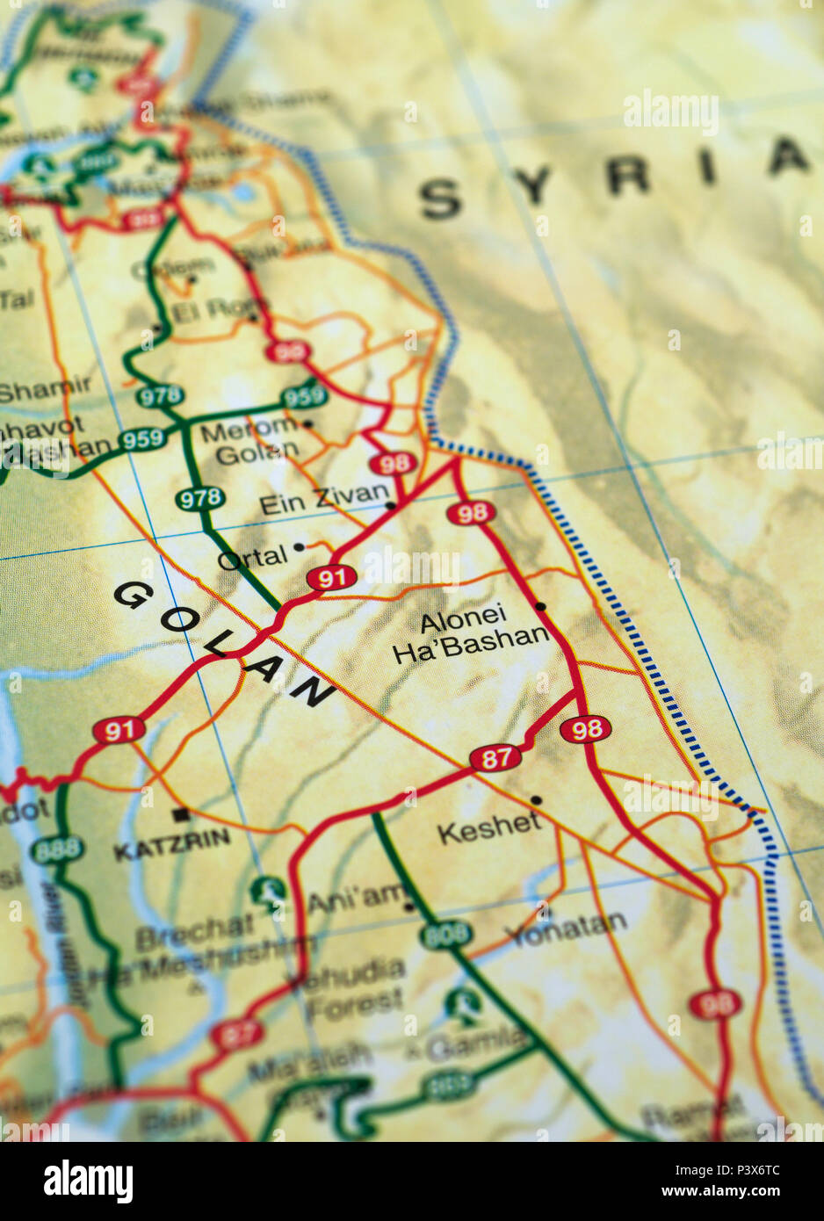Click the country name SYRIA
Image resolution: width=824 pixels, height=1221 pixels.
pos(615,180)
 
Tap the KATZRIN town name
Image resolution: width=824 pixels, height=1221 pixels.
pos(171,846)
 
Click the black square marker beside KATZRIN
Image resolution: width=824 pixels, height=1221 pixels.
pos(182,814)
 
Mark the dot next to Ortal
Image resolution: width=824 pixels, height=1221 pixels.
pos(299,546)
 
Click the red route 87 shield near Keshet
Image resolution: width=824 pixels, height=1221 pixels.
pos(495,758)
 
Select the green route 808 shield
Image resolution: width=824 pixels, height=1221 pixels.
pos(445,936)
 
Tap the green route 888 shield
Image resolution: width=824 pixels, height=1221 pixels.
pos(57,849)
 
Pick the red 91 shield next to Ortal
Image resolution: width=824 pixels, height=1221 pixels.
pos(331,578)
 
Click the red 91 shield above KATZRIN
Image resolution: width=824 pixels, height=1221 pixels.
pos(119,730)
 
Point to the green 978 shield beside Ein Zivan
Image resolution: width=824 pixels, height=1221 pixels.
pos(199,499)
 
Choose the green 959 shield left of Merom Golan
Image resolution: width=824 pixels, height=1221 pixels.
pos(141,439)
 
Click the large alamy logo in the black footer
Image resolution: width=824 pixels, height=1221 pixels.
pos(88,1181)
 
